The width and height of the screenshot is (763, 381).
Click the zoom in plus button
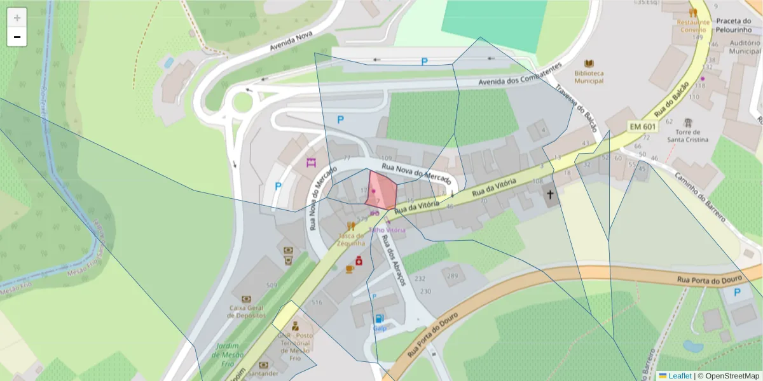coord(17,18)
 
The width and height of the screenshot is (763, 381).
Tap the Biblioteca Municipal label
coord(589,77)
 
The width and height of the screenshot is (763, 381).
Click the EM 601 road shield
coord(642,126)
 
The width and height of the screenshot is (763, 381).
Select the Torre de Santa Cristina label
coord(687,135)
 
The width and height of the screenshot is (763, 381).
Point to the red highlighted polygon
coord(381,189)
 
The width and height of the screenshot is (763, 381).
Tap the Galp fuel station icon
coord(380,319)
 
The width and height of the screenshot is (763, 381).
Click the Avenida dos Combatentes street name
coord(520,76)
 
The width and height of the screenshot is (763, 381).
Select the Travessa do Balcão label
coord(576,109)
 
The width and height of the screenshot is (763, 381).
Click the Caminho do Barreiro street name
coord(700,196)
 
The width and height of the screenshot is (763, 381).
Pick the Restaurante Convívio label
coord(692,25)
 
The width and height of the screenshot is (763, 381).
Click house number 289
coord(452,276)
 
